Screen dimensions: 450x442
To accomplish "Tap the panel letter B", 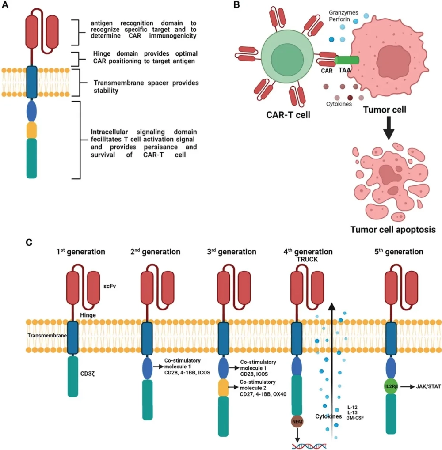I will pyautogui.click(x=236, y=6).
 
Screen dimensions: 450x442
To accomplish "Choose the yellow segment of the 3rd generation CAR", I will pyautogui.click(x=224, y=387).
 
